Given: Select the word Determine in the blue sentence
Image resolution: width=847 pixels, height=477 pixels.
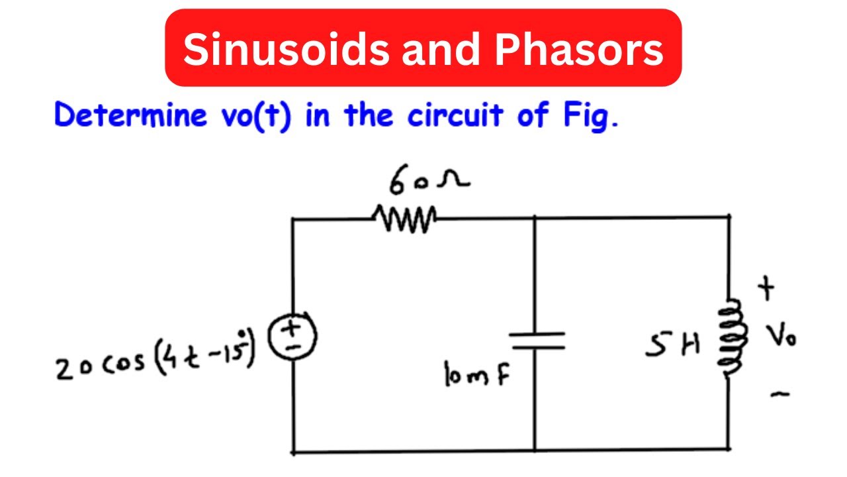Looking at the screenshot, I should point(130,116).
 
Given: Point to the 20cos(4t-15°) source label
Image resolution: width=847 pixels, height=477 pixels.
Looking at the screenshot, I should point(156,362).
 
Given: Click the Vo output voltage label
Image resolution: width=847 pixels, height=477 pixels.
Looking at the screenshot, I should point(781,338).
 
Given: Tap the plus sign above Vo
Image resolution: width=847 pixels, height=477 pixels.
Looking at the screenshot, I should point(767,290).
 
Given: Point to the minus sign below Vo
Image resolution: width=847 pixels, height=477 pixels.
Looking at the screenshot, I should point(780,395).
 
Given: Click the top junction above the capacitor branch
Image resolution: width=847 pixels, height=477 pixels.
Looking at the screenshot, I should point(535,217).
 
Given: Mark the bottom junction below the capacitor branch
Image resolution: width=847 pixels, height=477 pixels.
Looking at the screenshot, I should point(535,451).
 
